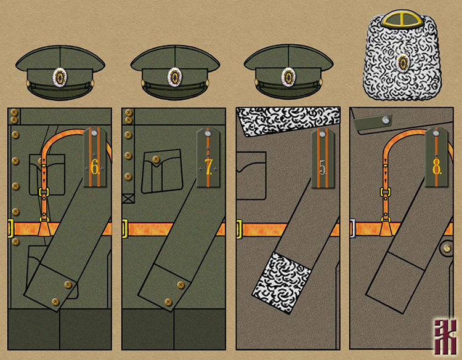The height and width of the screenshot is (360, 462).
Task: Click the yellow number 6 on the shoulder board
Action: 94,167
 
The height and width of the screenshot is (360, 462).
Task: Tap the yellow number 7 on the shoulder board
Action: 208,167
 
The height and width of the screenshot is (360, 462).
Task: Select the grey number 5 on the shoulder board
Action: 321,167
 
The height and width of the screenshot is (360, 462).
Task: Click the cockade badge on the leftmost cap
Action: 60,77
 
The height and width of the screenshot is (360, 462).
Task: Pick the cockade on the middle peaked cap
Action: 174,77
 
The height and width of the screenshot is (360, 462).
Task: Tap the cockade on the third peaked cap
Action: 288,77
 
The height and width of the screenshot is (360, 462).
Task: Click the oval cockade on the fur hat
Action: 402,62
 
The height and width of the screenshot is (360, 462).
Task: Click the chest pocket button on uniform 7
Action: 155,160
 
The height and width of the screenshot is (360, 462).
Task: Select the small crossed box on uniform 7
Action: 128,199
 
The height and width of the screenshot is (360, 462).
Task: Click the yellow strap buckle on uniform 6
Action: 44,192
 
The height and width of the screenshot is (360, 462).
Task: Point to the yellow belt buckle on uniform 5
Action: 239,230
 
